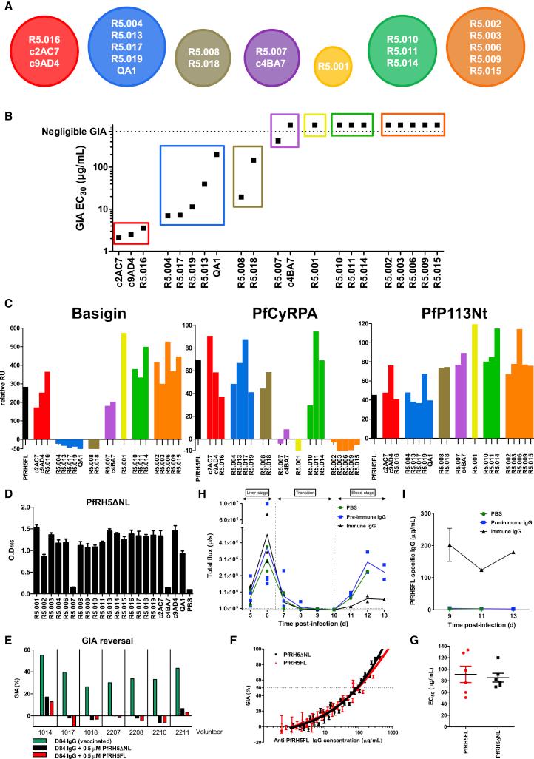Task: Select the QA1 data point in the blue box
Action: point(217,154)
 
